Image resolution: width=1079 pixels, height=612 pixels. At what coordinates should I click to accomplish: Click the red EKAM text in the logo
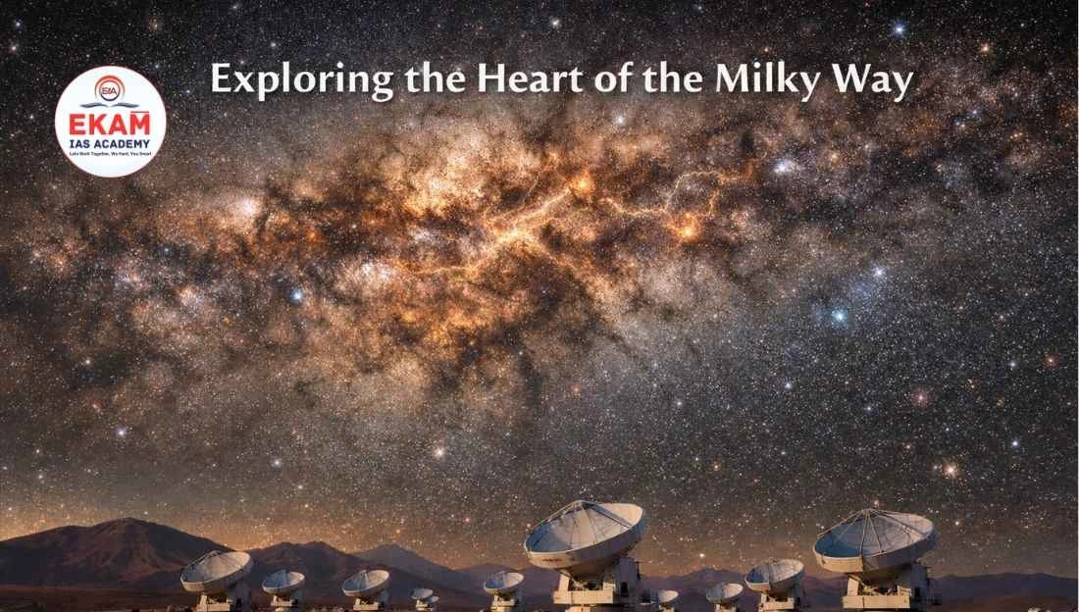(110, 127)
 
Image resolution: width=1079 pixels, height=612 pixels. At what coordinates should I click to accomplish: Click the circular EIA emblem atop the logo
(110, 90)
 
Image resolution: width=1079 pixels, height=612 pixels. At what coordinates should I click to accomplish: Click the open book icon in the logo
(110, 105)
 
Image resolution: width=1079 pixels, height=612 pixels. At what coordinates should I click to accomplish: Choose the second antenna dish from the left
(283, 582)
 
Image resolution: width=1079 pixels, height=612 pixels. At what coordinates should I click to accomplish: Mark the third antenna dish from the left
(365, 584)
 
